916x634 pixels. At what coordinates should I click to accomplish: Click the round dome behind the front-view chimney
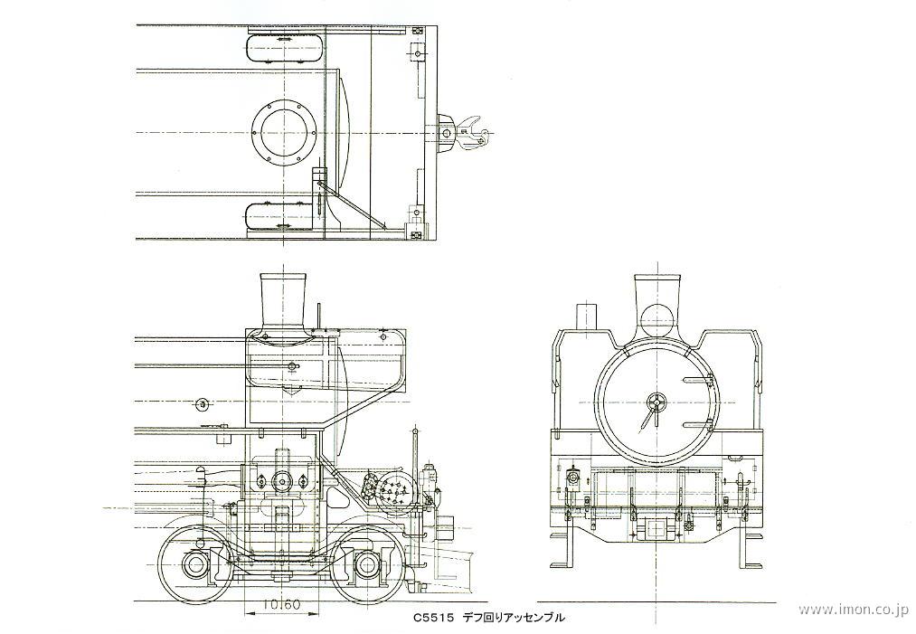(658, 320)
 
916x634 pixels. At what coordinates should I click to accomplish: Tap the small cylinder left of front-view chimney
(586, 318)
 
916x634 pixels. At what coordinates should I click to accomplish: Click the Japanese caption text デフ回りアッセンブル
(515, 618)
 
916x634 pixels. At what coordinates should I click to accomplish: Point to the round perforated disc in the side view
(395, 493)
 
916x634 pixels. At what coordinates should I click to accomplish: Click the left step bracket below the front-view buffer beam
(562, 547)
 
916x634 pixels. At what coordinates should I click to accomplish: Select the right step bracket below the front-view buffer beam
(751, 547)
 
